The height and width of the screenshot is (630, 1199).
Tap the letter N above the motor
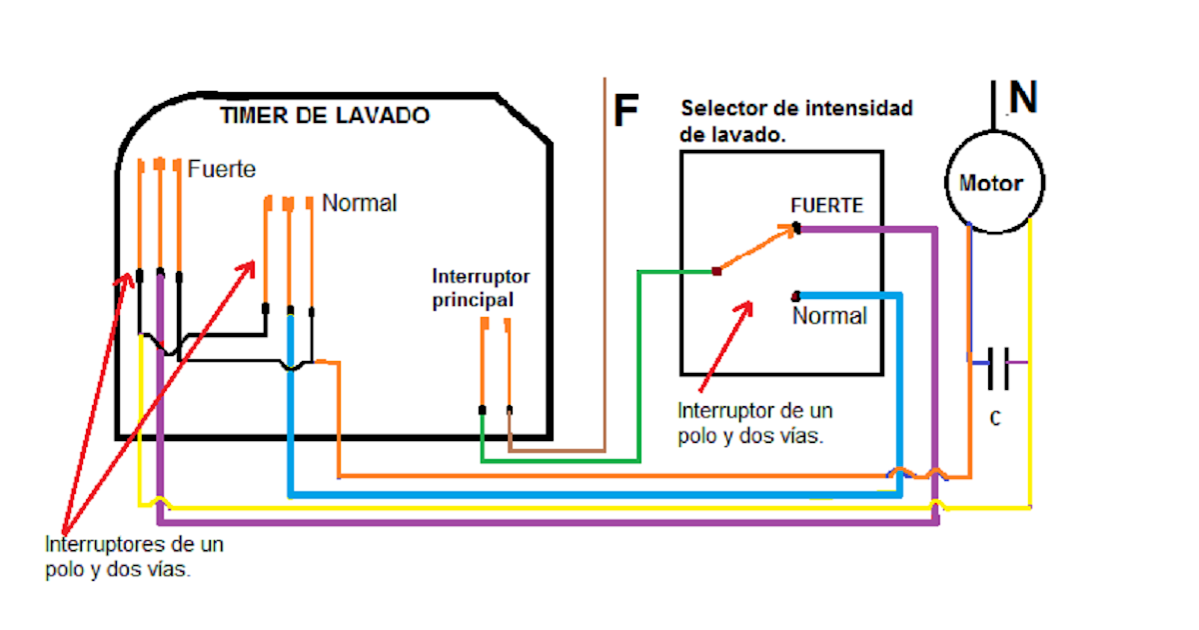point(1023,98)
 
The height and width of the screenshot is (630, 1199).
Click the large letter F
point(625,111)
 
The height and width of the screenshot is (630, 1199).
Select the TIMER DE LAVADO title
point(325,116)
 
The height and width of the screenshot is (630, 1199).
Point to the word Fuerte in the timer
point(222,169)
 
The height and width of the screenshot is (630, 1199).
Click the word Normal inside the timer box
point(359,203)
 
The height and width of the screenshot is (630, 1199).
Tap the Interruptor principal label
point(481,287)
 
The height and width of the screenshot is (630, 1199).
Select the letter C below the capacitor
point(995,419)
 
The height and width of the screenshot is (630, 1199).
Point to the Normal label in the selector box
point(829,316)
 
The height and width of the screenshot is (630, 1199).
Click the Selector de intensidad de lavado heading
point(795,121)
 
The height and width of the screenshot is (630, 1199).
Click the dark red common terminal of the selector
point(716,271)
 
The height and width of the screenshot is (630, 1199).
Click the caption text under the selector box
point(754,423)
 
